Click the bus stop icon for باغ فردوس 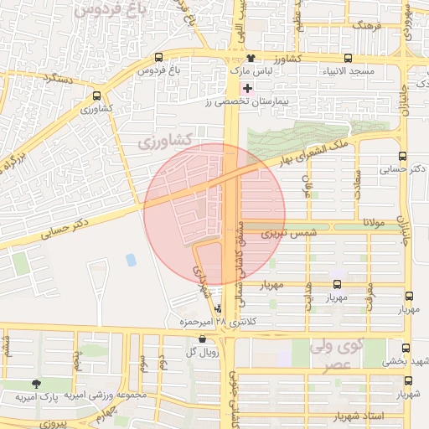pyautogui.click(x=159, y=58)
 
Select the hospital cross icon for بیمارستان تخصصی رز pyautogui.click(x=246, y=88)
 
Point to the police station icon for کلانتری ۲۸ pyautogui.click(x=219, y=308)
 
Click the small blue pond pyautogui.click(x=131, y=260)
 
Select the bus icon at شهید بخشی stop pyautogui.click(x=406, y=348)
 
